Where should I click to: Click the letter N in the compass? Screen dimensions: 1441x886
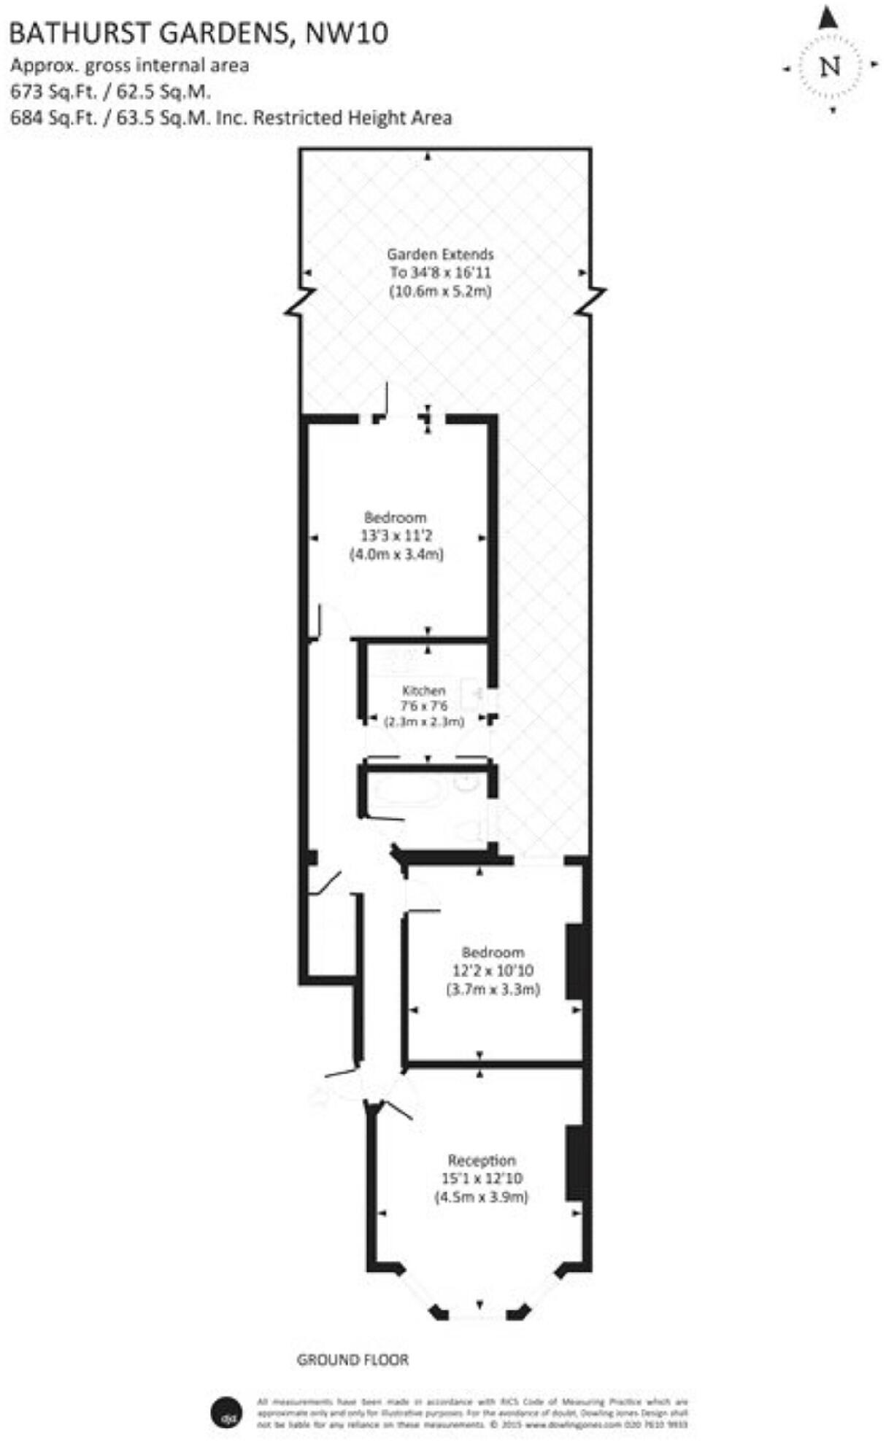point(830,66)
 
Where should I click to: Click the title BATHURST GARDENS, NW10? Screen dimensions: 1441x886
point(199,33)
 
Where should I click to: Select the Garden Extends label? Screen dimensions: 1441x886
point(440,255)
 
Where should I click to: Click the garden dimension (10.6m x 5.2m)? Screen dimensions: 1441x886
point(440,291)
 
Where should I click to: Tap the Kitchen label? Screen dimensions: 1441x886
point(423,690)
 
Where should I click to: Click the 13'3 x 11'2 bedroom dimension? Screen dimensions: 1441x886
point(396,536)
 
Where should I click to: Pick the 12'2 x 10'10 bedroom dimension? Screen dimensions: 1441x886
point(493,971)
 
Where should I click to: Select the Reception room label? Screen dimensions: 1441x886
point(482,1160)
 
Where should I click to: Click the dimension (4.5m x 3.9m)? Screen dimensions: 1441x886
point(482,1197)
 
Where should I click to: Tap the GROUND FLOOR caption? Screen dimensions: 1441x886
point(353,1339)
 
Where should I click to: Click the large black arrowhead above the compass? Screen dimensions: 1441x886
point(828,18)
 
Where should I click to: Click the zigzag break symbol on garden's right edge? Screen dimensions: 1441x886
point(591,300)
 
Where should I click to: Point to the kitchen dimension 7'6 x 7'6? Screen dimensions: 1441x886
point(423,706)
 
